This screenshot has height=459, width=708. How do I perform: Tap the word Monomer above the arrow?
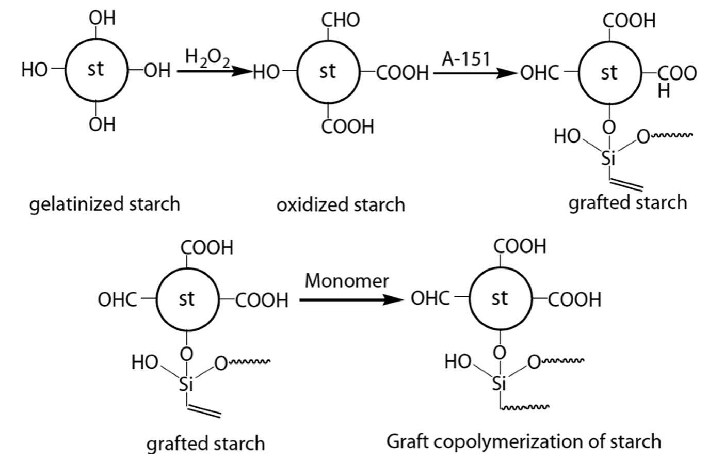click(346, 281)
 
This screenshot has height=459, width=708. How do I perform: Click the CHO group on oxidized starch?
click(340, 20)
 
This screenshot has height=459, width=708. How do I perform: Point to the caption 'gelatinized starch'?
click(105, 204)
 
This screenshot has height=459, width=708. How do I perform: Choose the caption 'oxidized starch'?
click(341, 205)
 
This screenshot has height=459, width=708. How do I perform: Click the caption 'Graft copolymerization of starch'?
click(523, 441)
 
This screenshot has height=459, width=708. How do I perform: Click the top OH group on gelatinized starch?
click(102, 18)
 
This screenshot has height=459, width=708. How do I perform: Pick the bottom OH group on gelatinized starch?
click(102, 124)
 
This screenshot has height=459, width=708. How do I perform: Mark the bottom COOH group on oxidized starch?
click(347, 126)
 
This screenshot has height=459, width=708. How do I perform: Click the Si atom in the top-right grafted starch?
click(609, 159)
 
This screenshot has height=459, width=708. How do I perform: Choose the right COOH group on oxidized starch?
click(403, 73)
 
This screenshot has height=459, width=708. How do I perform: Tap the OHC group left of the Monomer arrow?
click(117, 300)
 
